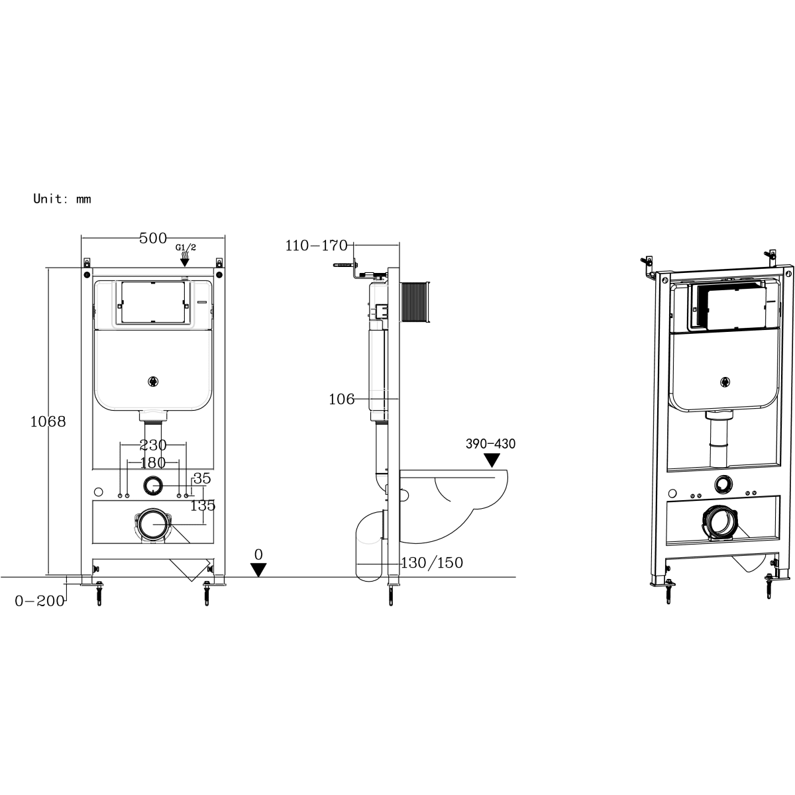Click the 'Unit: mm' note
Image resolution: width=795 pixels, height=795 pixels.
(62, 199)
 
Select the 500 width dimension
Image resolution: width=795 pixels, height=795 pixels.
(153, 238)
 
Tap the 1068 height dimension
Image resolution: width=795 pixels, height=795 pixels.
(48, 421)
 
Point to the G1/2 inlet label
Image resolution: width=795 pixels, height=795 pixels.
(185, 248)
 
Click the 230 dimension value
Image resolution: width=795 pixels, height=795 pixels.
(153, 445)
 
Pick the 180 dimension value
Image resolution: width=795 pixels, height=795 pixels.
(153, 462)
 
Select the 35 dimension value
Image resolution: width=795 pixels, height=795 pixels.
(202, 478)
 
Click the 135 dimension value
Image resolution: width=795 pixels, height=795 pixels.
(203, 505)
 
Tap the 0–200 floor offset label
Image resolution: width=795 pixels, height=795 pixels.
(40, 601)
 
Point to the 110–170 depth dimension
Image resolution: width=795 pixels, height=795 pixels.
(317, 246)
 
